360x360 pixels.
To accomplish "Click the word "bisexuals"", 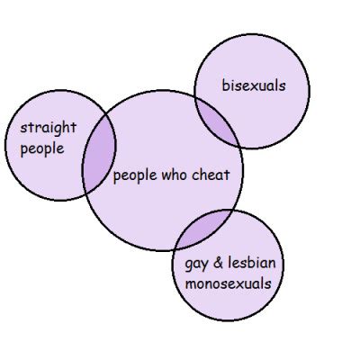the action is pos(254,85).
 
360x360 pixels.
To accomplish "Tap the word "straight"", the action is pos(49,128).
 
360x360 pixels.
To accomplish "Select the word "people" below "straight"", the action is pos(42,149).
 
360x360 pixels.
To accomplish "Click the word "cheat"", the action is pos(211,175).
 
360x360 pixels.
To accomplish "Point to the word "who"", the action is pos(174,175).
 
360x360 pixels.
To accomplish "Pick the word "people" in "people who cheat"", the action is pos(135,175).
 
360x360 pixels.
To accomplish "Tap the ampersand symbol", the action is pos(218,263).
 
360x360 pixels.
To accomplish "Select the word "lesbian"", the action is pos(252,263).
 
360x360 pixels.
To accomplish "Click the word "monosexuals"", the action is pos(229,283).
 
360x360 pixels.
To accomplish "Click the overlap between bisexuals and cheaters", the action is pos(217,122).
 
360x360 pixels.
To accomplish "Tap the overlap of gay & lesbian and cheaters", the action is pos(204,228).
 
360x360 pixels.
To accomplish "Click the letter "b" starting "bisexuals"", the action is pos(225,85).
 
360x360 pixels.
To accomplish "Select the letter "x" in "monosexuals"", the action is pos(238,284).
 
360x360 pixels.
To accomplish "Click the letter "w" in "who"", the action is pos(166,176).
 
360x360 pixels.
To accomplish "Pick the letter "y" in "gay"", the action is pos(204,266).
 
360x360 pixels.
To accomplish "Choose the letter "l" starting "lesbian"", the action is pos(229,263).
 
